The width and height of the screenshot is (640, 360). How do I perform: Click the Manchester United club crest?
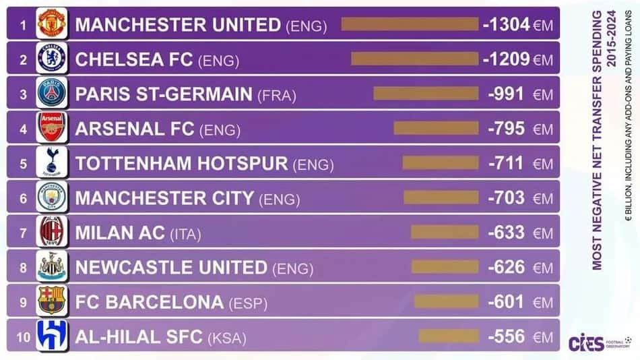51,24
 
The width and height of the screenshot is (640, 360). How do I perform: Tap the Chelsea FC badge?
51,58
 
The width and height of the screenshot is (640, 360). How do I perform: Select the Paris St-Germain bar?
426,93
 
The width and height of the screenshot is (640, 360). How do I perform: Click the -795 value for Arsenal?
506,129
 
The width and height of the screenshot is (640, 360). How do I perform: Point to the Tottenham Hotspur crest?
51,162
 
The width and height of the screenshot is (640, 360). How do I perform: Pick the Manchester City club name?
164,198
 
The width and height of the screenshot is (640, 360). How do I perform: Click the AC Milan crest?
51,231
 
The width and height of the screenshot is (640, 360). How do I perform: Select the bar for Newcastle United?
445,267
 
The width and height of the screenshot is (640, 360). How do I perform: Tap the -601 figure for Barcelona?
506,302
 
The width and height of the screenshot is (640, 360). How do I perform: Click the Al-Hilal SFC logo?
51,336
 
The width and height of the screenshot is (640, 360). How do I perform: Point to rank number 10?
24,338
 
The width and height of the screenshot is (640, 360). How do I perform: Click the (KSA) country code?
227,338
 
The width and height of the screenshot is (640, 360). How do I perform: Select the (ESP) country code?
248,303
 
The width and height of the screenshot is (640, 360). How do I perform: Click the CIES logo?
586,342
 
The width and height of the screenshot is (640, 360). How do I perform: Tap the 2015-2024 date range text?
611,39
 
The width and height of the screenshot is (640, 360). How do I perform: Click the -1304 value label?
506,24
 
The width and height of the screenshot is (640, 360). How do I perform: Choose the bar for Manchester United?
410,24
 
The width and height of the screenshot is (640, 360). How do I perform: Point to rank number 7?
24,233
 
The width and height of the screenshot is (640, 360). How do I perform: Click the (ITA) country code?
185,235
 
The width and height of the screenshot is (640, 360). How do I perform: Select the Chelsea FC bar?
415,59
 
